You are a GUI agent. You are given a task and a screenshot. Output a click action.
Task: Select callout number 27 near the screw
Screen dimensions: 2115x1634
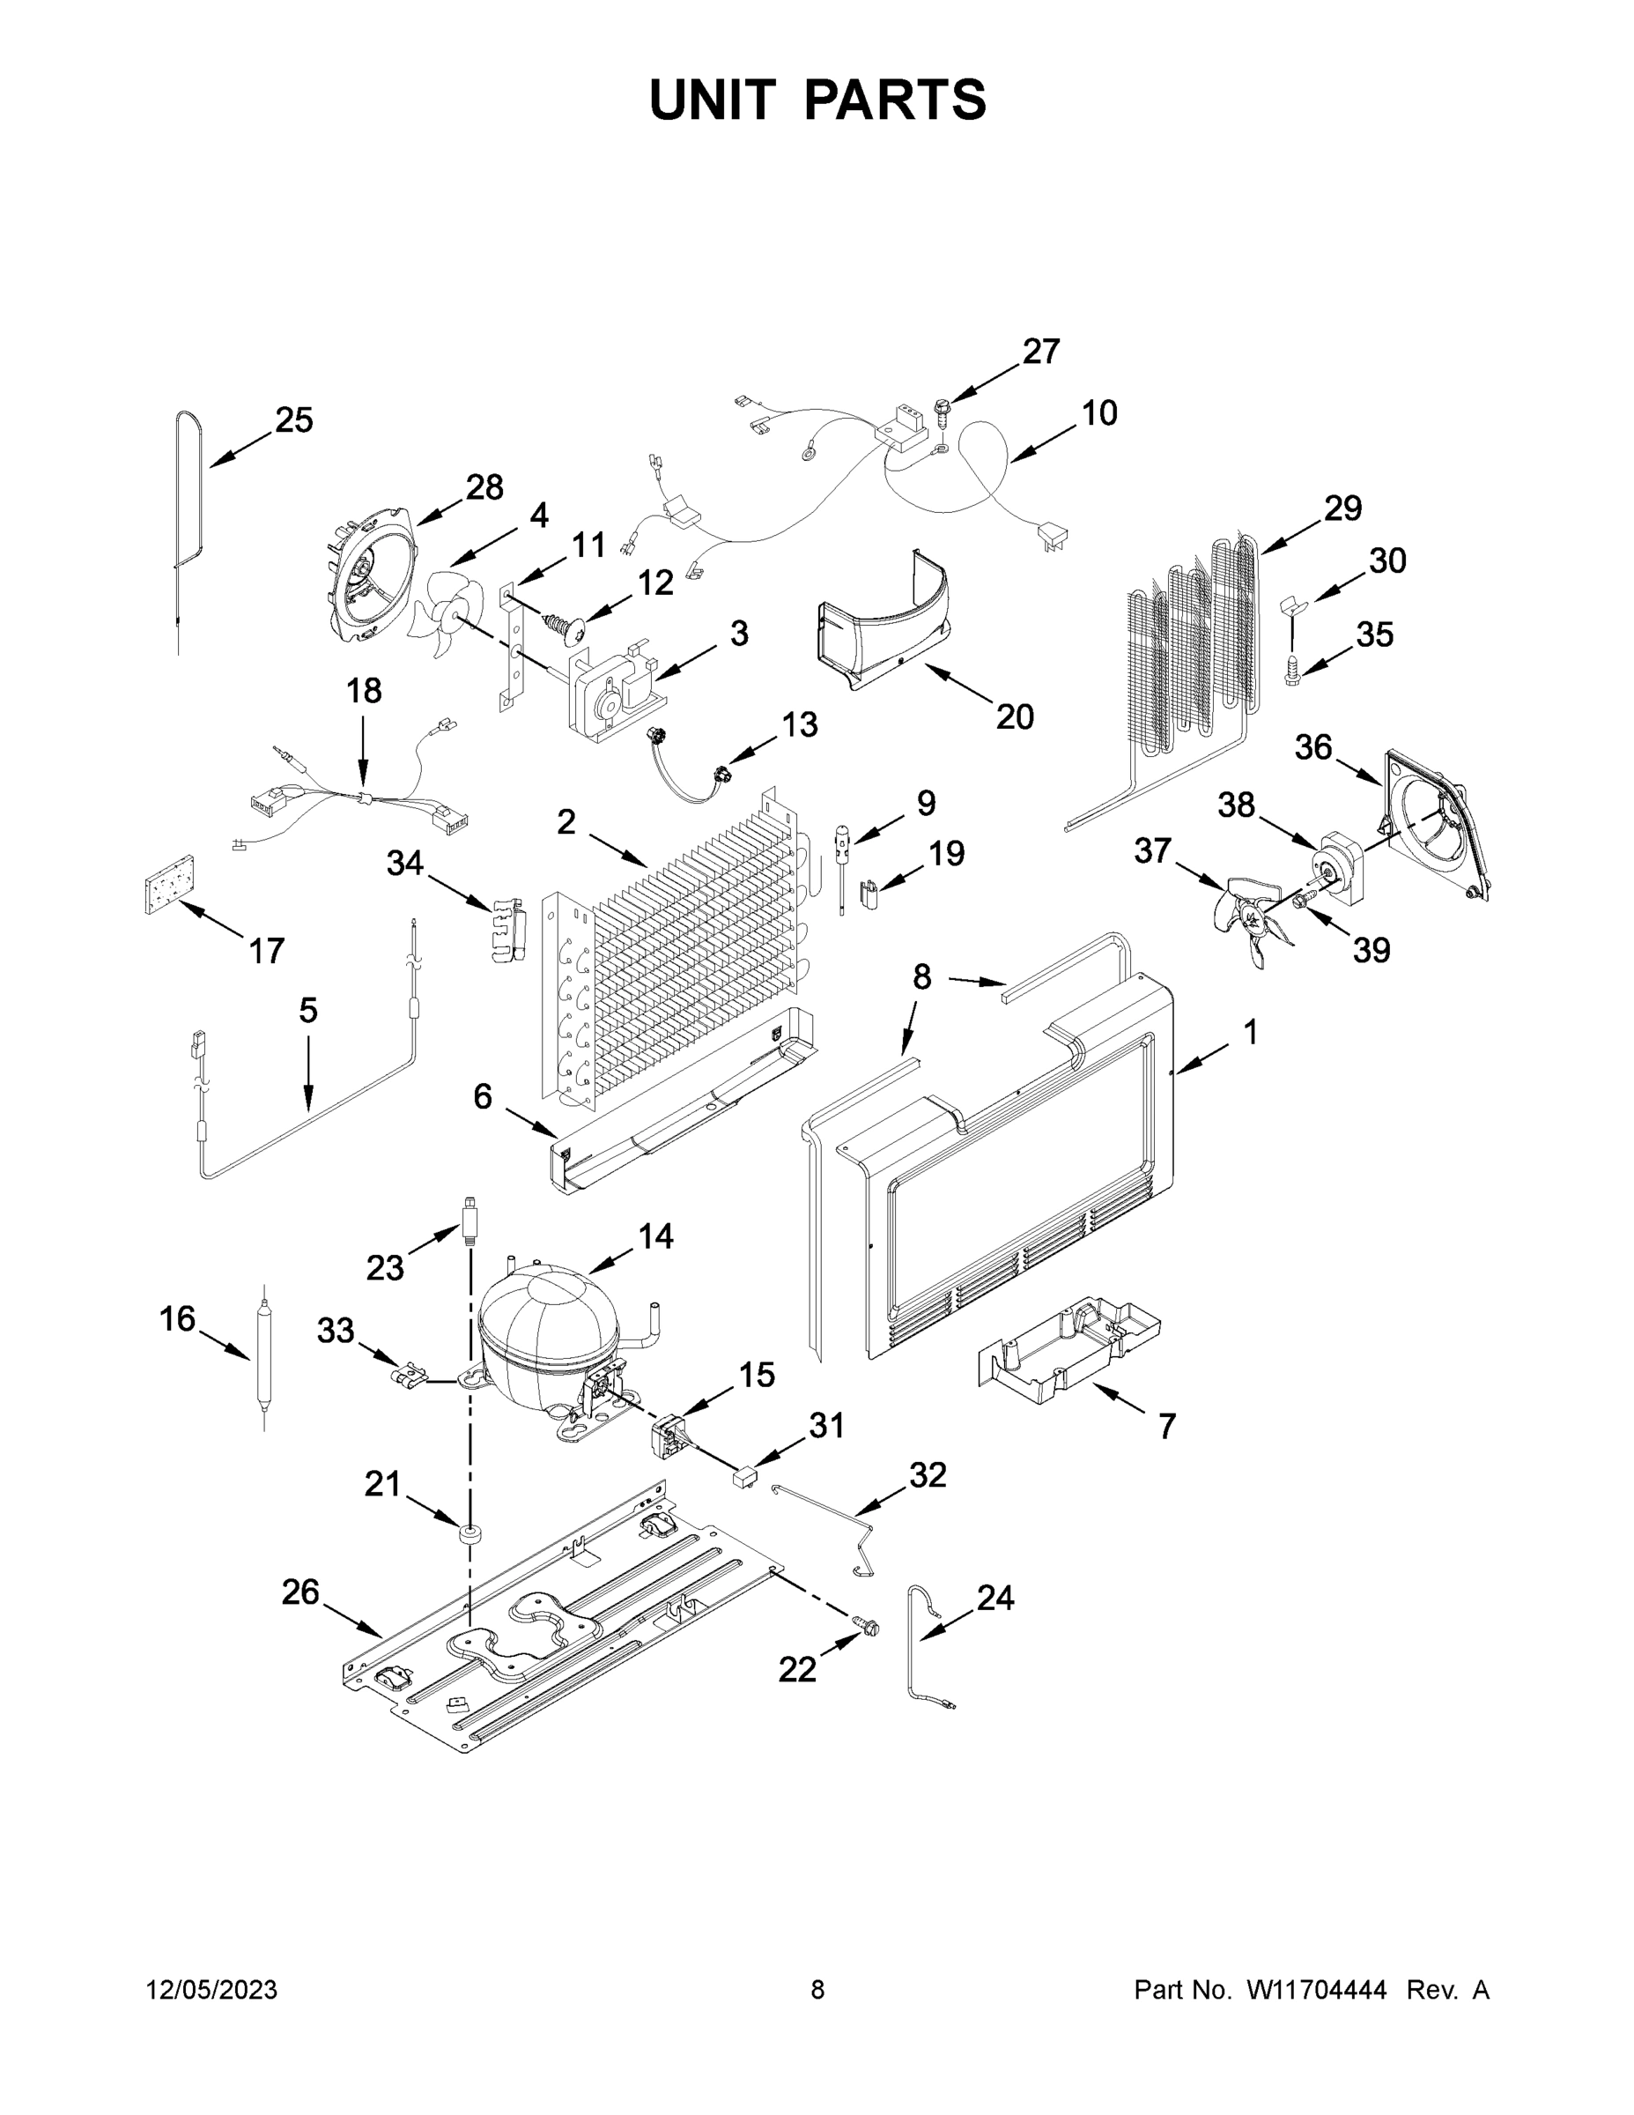click(1040, 352)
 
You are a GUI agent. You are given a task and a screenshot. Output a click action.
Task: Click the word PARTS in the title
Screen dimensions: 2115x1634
click(896, 100)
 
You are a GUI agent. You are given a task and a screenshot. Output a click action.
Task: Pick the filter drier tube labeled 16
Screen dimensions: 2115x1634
click(263, 1354)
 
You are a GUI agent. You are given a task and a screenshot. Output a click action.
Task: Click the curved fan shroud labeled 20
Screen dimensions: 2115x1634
click(886, 629)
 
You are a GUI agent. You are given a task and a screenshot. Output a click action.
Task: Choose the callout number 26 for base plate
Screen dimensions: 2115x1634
click(300, 1591)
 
